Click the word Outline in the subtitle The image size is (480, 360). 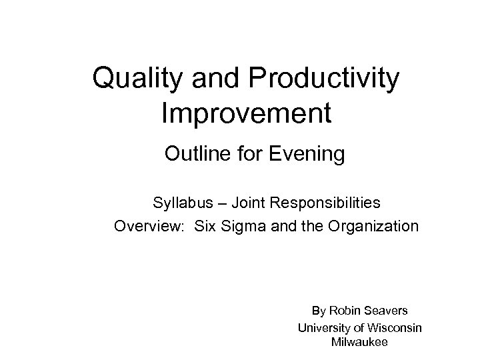click(194, 155)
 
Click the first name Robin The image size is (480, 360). click(343, 311)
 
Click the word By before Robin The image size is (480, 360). click(319, 311)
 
